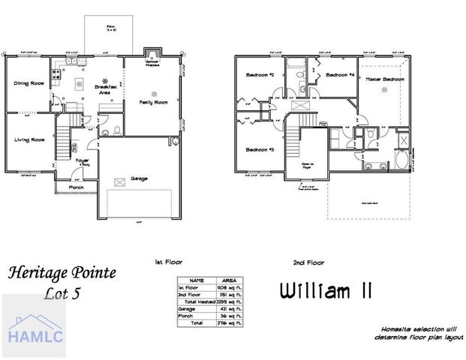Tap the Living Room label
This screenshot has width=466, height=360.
pyautogui.click(x=29, y=139)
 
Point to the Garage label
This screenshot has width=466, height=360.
pyautogui.click(x=138, y=178)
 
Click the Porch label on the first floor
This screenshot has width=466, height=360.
pyautogui.click(x=77, y=187)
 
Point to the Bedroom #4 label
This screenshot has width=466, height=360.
pyautogui.click(x=340, y=75)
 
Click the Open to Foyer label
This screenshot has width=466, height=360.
pyautogui.click(x=307, y=167)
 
